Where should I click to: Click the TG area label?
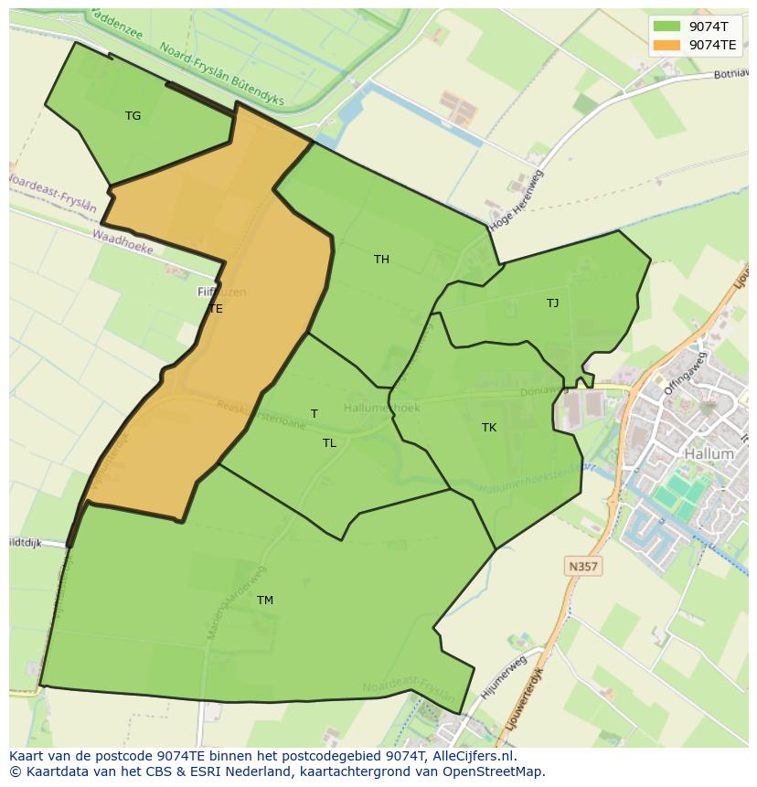point(133,116)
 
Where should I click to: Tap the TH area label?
point(381,260)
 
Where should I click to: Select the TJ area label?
point(552,303)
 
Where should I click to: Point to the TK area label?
point(489,428)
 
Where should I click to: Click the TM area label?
point(265,601)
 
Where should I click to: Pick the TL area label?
point(329,443)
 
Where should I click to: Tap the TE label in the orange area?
point(216,309)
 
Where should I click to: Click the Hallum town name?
point(709,453)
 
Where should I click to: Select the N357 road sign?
point(582,567)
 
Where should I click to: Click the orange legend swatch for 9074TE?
point(666,44)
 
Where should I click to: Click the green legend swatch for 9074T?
point(666,26)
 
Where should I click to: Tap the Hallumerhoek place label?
point(382,408)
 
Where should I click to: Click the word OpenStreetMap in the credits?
point(494,771)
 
